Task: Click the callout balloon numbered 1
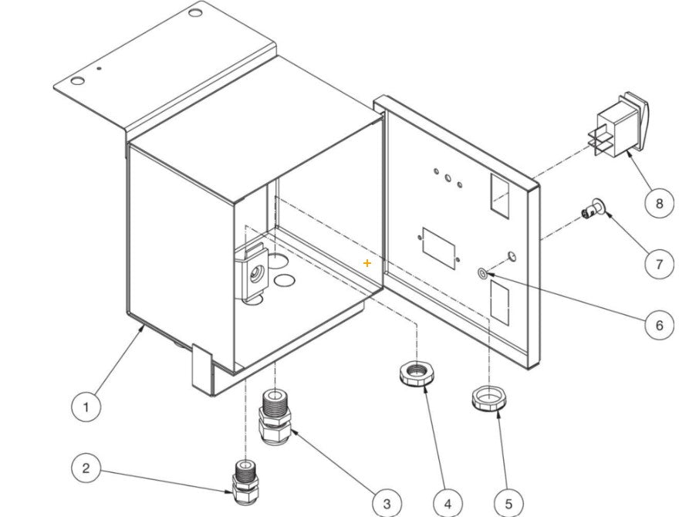(x=87, y=404)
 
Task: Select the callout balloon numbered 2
(x=86, y=468)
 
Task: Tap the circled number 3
(x=387, y=503)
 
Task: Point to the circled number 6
(x=659, y=325)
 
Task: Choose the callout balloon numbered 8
(x=659, y=203)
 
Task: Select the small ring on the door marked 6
(x=482, y=273)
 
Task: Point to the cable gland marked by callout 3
(x=274, y=417)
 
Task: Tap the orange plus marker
(x=367, y=263)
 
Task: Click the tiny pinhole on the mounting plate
(x=99, y=69)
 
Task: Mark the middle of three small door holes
(x=448, y=178)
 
